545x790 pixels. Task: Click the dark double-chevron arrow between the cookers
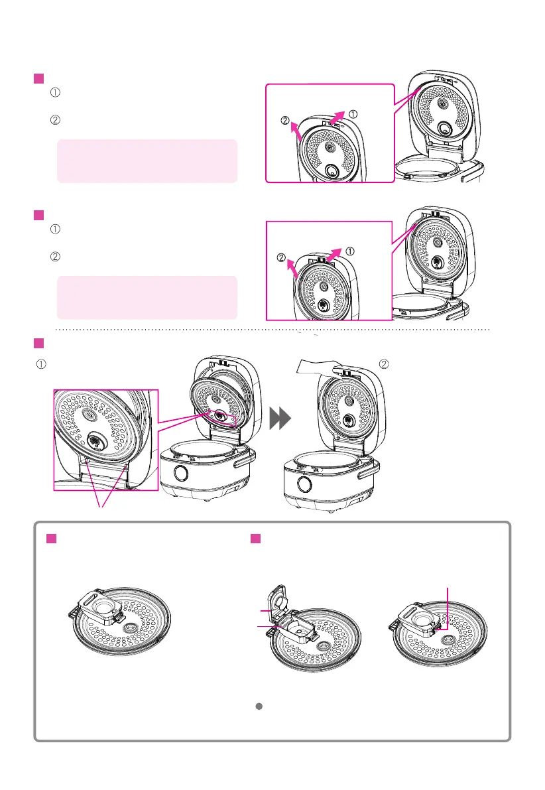(x=280, y=418)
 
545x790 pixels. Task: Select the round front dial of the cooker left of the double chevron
(x=181, y=474)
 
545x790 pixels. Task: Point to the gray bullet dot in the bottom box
(x=259, y=706)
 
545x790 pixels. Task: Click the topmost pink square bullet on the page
(x=38, y=78)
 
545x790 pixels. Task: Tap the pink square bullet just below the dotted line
(x=38, y=343)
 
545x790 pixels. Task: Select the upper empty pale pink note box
(x=147, y=161)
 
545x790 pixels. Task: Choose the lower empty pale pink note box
(x=147, y=297)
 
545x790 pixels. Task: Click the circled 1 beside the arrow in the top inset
(x=353, y=114)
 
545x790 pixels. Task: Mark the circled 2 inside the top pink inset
(x=285, y=121)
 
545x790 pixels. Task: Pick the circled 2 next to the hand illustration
(x=384, y=364)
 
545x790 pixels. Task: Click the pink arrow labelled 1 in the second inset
(x=334, y=255)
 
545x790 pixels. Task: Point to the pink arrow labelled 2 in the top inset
(x=296, y=131)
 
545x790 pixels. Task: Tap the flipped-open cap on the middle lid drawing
(x=278, y=600)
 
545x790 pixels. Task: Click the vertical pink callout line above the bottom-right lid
(x=448, y=608)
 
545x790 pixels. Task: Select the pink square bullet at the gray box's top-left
(x=51, y=539)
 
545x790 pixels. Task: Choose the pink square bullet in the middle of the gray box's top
(x=256, y=539)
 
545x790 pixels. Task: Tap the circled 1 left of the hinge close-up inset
(x=41, y=364)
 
